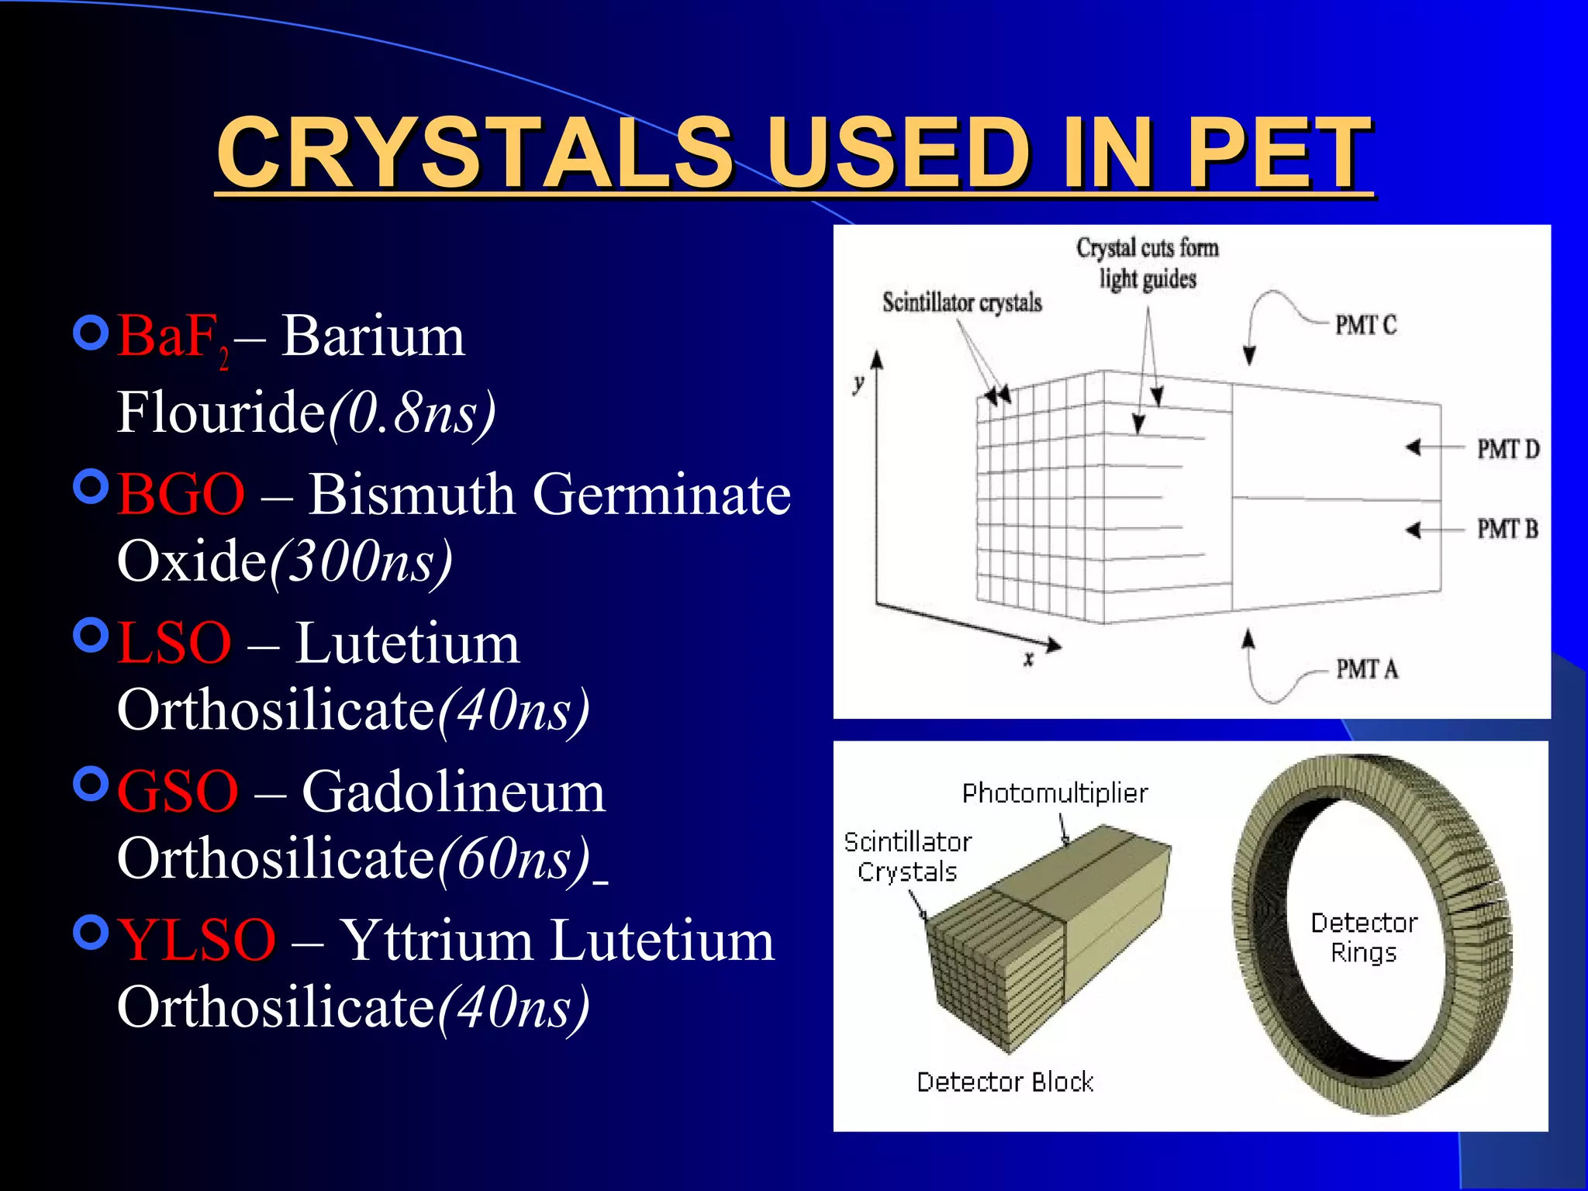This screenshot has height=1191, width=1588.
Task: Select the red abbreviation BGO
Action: [x=181, y=495]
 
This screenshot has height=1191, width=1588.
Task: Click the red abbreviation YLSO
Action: [x=196, y=941]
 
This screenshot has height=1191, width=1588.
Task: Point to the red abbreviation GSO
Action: [x=178, y=792]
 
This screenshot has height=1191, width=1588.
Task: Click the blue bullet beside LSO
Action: [x=91, y=636]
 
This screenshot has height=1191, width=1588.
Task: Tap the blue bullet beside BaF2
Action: [x=91, y=333]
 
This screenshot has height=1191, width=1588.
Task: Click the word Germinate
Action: [x=662, y=495]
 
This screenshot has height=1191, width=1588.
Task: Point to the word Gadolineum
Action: [x=454, y=792]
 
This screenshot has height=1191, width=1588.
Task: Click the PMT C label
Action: [x=1365, y=326]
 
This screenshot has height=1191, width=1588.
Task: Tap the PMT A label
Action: [x=1366, y=668]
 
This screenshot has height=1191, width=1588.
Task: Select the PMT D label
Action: [x=1507, y=449]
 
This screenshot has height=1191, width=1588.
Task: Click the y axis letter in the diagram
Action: [x=858, y=383]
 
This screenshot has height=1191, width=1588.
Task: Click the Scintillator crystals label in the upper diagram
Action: [x=961, y=302]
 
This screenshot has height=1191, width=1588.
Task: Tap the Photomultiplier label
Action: [x=1055, y=793]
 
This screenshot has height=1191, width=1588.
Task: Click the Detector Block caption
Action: [x=1005, y=1082]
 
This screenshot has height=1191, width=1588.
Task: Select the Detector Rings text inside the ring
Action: [x=1364, y=937]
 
